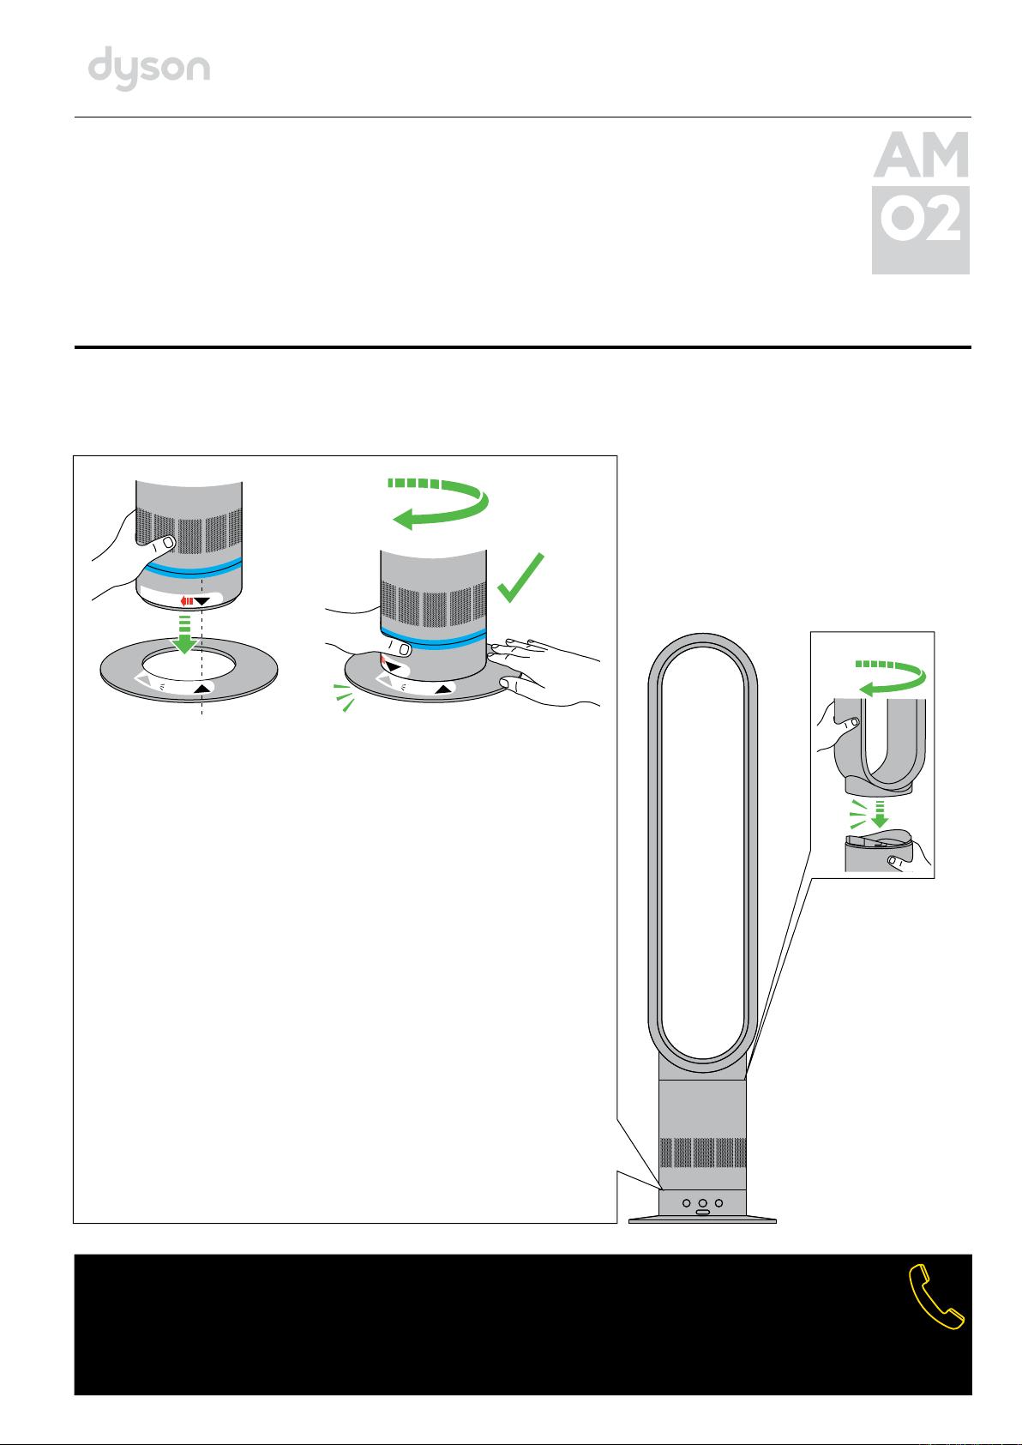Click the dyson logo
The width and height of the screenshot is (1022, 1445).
149,68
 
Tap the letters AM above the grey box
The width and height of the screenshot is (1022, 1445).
921,155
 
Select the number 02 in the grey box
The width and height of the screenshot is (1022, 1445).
921,219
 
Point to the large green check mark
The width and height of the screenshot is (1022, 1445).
520,577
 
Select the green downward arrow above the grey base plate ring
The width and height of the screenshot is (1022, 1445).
185,634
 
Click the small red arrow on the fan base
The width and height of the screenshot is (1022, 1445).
187,601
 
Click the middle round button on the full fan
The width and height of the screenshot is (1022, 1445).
703,1203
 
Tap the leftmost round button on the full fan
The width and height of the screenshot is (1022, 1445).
687,1203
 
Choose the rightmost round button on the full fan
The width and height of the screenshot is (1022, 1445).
719,1203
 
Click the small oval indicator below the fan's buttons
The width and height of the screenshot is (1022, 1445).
703,1213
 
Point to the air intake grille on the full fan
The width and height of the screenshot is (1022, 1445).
703,1153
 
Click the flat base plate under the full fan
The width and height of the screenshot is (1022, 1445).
703,1220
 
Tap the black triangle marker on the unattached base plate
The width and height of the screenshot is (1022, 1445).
202,689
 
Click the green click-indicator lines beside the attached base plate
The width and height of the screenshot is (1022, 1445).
345,697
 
